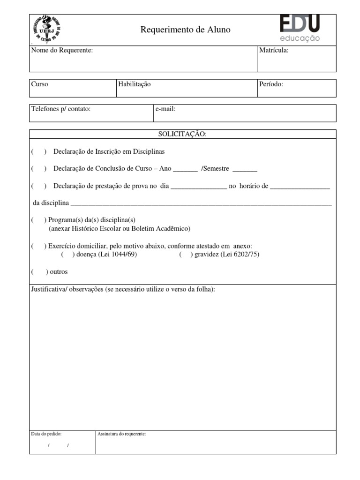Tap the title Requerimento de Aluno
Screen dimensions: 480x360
[185, 30]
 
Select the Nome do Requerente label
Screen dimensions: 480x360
[62, 51]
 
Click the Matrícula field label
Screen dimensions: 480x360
[273, 51]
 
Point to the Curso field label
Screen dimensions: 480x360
[39, 84]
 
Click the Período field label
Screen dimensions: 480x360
[271, 84]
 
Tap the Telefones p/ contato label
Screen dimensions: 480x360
[60, 109]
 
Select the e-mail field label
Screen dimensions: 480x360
[165, 109]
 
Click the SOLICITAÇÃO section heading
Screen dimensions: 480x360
[182, 134]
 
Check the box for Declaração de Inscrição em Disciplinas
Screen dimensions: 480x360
[38, 152]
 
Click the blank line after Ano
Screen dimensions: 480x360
[185, 170]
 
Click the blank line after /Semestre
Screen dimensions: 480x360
[245, 170]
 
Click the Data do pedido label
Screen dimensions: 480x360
[46, 434]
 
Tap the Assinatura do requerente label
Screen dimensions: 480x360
[121, 434]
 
